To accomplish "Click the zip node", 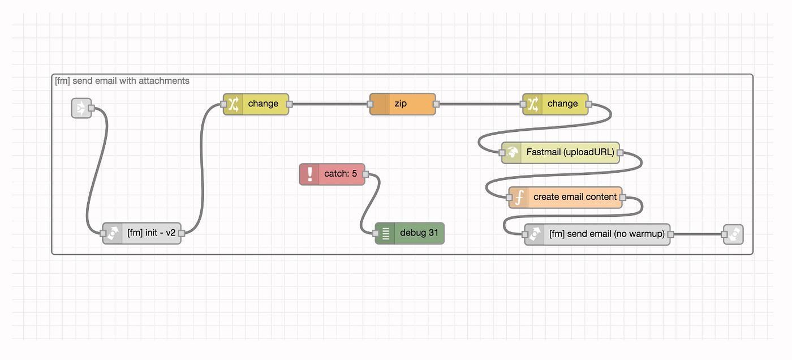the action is (403, 104).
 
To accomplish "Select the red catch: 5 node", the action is (332, 174).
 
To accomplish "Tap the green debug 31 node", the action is (410, 233).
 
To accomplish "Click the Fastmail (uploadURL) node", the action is (561, 152).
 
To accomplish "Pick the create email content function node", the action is (565, 198).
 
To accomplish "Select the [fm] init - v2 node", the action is (142, 233).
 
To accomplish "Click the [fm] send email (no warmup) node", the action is (597, 234).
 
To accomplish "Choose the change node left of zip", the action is (256, 104).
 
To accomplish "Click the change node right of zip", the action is (556, 104).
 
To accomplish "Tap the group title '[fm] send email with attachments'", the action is (122, 81).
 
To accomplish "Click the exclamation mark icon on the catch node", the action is (310, 174).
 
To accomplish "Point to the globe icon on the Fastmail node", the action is (511, 152).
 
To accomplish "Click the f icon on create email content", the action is (519, 198).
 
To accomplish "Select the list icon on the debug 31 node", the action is (386, 233).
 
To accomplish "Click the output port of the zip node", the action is (436, 104).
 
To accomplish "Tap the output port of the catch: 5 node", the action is (365, 174).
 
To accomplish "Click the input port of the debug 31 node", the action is (376, 233).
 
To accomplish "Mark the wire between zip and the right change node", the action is (480, 104).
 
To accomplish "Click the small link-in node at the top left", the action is (81, 108).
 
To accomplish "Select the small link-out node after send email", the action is (733, 234).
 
